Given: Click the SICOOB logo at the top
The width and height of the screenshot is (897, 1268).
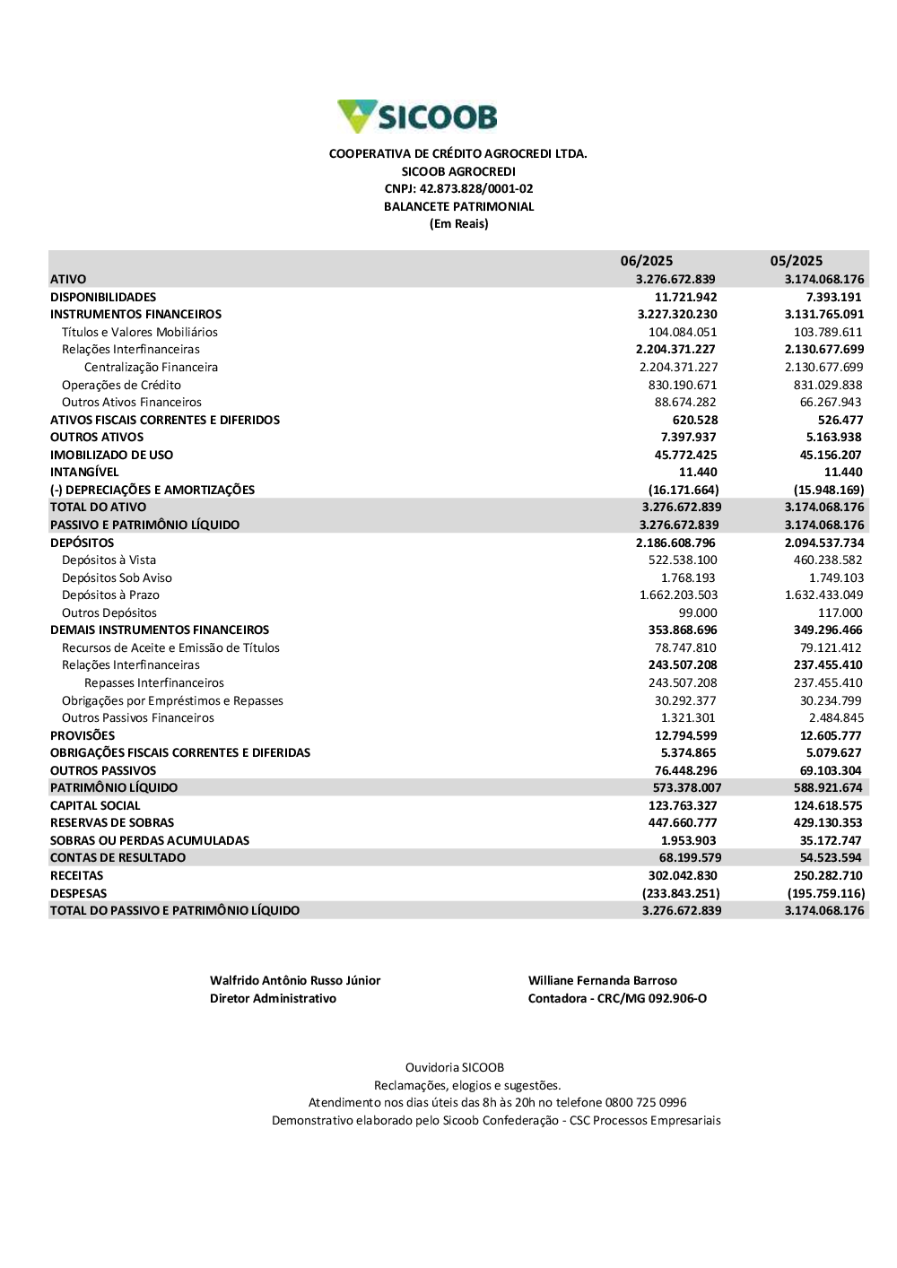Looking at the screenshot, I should [x=417, y=117].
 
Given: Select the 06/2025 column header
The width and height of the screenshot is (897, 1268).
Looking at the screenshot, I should [x=646, y=261].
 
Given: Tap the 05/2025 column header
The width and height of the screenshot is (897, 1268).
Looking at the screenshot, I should [x=796, y=261].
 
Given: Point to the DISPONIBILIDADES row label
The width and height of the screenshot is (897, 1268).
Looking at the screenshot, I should [x=103, y=297].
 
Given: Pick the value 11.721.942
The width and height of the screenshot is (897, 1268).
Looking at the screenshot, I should [x=685, y=297].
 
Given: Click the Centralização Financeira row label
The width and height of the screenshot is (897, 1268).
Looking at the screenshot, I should [x=151, y=368].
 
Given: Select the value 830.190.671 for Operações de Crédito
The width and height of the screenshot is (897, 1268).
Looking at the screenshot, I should [x=683, y=385].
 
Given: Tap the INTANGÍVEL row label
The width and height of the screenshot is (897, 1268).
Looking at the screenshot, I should [x=84, y=473].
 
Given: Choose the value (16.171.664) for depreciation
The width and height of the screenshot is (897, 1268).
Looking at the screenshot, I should [x=684, y=490].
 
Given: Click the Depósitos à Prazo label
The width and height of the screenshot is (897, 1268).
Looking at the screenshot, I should [x=110, y=595].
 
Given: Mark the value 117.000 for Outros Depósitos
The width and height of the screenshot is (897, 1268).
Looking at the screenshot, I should [x=840, y=613].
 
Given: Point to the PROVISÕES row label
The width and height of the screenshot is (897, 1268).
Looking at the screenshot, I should [x=83, y=736].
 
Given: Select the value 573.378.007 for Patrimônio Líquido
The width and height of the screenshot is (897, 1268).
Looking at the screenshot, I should [x=687, y=788].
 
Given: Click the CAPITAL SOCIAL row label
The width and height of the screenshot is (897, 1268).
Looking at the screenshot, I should [x=95, y=806].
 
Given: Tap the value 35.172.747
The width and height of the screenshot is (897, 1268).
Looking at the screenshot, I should [x=828, y=841].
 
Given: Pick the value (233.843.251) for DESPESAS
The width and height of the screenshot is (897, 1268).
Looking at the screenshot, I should [x=681, y=894].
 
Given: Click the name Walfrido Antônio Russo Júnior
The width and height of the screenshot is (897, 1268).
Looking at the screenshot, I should [x=295, y=981].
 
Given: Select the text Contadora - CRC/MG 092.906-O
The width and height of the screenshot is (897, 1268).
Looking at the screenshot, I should [x=617, y=999].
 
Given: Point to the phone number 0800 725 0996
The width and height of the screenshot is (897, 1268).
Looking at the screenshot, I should [x=646, y=1103].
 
